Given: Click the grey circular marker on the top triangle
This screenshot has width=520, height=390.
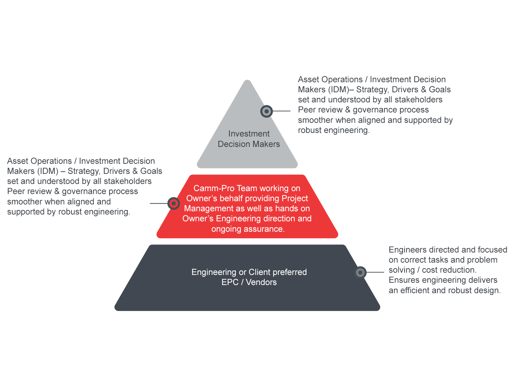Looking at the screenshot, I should (266, 111).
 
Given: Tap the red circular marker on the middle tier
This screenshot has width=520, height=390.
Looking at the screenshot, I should (174, 203).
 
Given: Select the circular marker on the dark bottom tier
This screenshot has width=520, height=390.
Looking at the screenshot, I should (360, 272).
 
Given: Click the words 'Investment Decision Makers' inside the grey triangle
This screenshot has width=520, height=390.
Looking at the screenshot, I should (249, 139).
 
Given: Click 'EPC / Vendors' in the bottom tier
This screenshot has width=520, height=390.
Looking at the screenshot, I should (249, 282).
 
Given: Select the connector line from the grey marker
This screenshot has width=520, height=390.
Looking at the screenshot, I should (281, 111).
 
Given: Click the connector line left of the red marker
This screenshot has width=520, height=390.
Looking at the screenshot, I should (159, 203).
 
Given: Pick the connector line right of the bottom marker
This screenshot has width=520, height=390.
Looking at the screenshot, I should (375, 272).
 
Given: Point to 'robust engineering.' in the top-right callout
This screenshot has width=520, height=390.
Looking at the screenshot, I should (334, 130).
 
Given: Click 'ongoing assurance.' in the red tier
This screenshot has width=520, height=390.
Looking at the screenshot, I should (248, 229).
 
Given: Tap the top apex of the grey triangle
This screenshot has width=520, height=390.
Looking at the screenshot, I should (247, 81).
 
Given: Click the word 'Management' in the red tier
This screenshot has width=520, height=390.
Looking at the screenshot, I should (204, 208).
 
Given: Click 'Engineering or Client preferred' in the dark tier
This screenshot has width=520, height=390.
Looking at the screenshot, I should (249, 272).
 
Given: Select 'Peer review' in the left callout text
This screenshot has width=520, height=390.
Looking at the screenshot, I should (29, 191).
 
